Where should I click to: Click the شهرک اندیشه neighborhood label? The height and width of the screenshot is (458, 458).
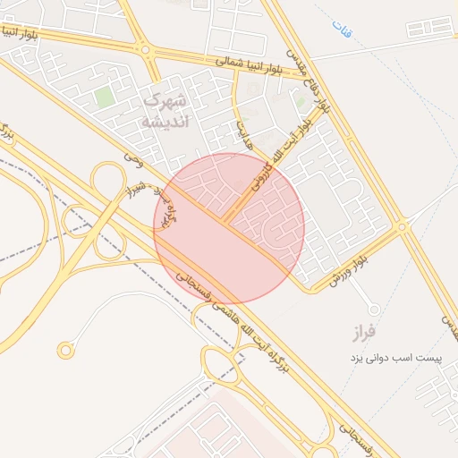(165, 110)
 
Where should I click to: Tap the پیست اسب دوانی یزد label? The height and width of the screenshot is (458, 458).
(396, 358)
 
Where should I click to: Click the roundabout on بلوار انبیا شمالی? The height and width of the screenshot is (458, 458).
(146, 51)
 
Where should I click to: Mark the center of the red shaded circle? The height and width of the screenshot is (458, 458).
(229, 228)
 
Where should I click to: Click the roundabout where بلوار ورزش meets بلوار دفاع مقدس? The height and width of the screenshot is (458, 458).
(402, 227)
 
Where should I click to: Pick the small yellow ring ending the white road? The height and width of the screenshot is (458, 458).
(64, 351)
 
